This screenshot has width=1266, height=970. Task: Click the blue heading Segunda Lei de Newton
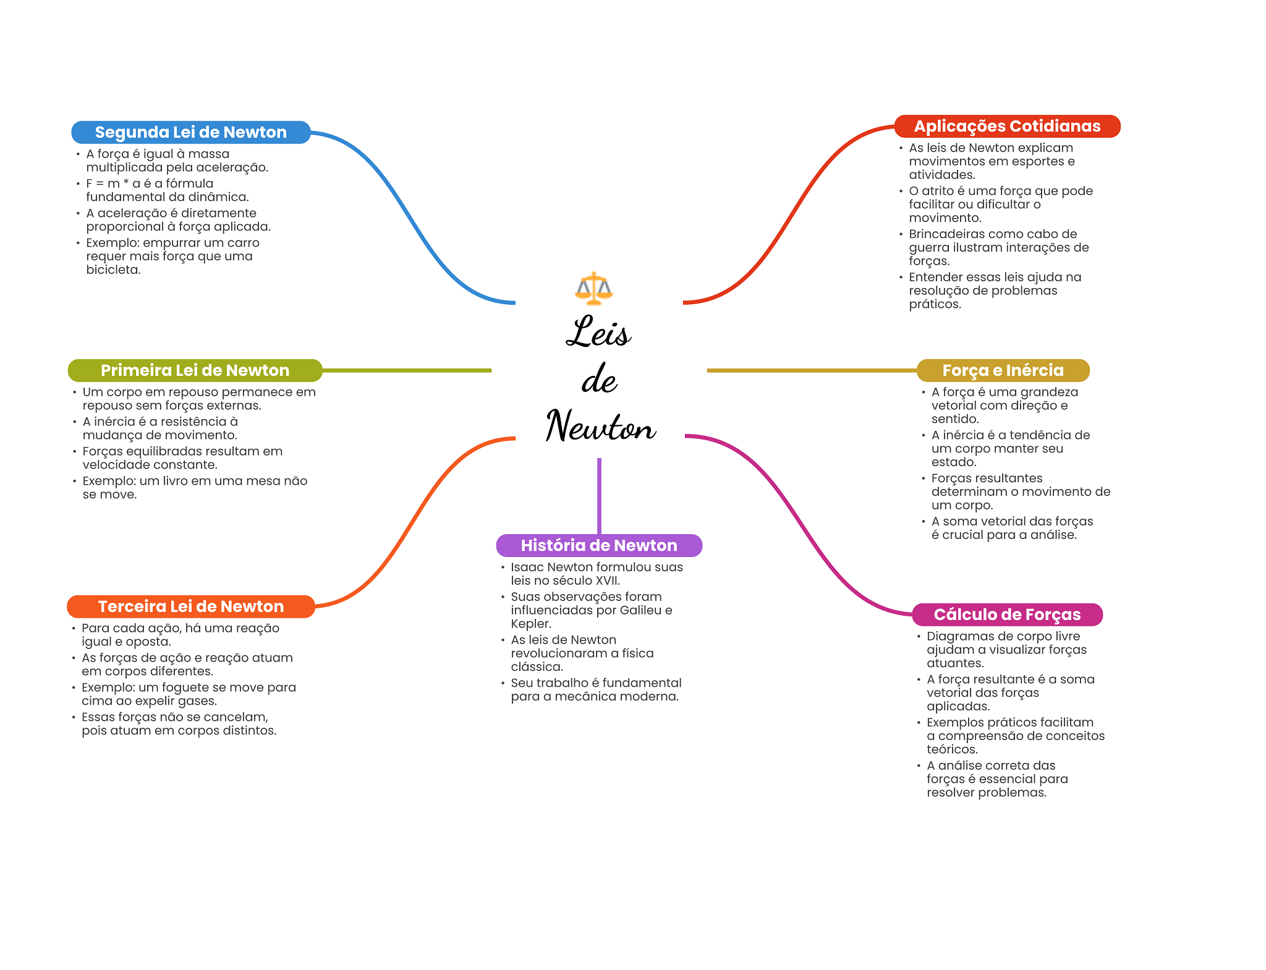[191, 132]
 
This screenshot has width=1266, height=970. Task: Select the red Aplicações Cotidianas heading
[1007, 126]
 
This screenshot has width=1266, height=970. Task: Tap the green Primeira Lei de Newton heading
[195, 370]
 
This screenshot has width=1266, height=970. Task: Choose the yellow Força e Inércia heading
[1003, 370]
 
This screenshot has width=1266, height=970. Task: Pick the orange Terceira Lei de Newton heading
[191, 606]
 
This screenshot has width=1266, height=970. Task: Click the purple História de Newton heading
[599, 545]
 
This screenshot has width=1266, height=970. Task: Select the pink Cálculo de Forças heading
[1007, 615]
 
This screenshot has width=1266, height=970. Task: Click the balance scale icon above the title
[593, 288]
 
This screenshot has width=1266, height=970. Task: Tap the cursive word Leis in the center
[598, 331]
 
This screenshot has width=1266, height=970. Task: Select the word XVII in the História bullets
[606, 581]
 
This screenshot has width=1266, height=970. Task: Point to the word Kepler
[531, 624]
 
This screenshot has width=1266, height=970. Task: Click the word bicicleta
[113, 270]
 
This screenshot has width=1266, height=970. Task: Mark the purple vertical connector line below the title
[599, 496]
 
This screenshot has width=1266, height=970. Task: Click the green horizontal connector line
[407, 370]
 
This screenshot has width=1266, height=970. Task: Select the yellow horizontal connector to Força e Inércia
[812, 370]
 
